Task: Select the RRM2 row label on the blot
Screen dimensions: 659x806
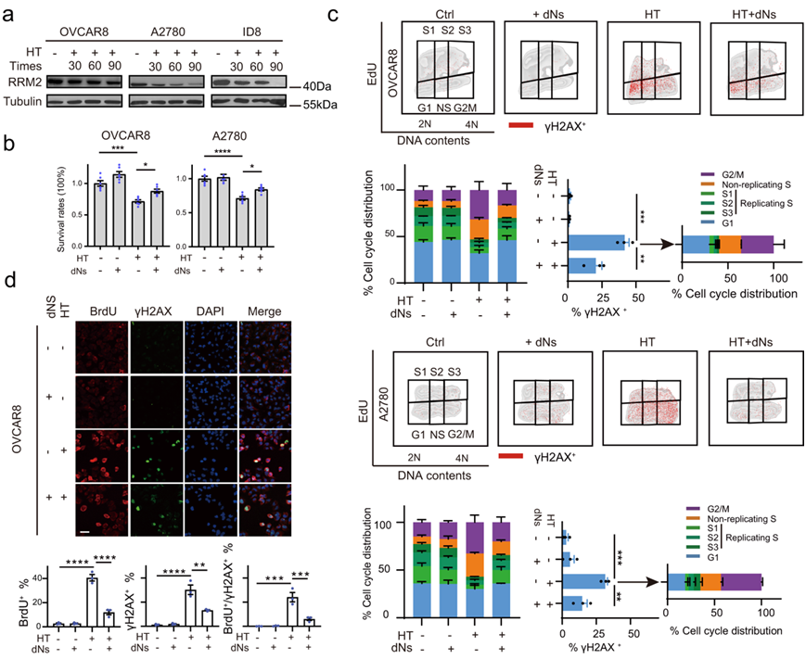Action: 25,82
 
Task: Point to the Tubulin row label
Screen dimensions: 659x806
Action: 27,102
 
